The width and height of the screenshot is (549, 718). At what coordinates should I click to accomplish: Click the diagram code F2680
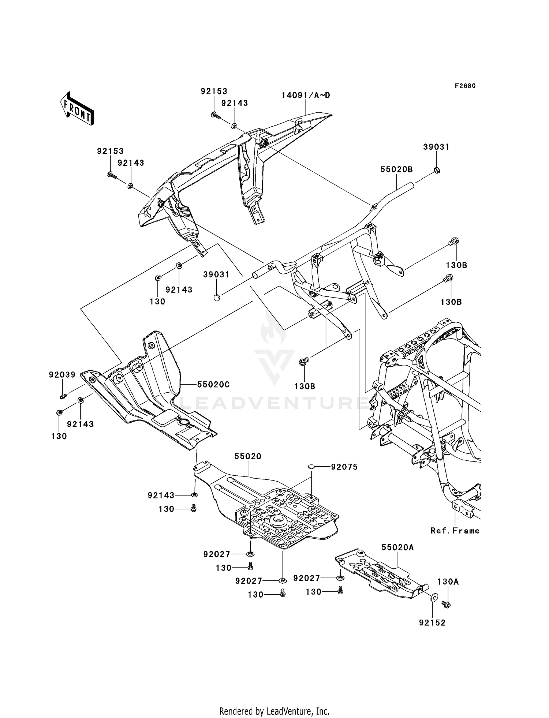tap(465, 86)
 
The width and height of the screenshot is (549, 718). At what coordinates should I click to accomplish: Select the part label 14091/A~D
tap(306, 95)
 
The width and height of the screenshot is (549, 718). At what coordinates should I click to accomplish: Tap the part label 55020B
tap(396, 169)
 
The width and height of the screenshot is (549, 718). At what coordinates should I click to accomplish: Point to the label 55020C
tap(213, 385)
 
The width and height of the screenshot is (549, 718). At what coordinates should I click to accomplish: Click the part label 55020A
tap(398, 547)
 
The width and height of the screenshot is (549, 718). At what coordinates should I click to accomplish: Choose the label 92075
tap(344, 467)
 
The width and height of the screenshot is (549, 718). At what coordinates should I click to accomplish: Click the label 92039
tap(62, 375)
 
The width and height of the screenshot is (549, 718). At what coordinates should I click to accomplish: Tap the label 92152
tap(433, 623)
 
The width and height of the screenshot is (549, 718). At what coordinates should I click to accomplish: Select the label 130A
tap(448, 582)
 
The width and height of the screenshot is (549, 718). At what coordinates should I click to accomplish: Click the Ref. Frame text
tap(455, 531)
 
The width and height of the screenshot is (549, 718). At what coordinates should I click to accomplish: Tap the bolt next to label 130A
tap(446, 605)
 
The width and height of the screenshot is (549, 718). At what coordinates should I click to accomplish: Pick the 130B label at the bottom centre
tap(305, 386)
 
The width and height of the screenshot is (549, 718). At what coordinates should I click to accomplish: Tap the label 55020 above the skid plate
tap(248, 456)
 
